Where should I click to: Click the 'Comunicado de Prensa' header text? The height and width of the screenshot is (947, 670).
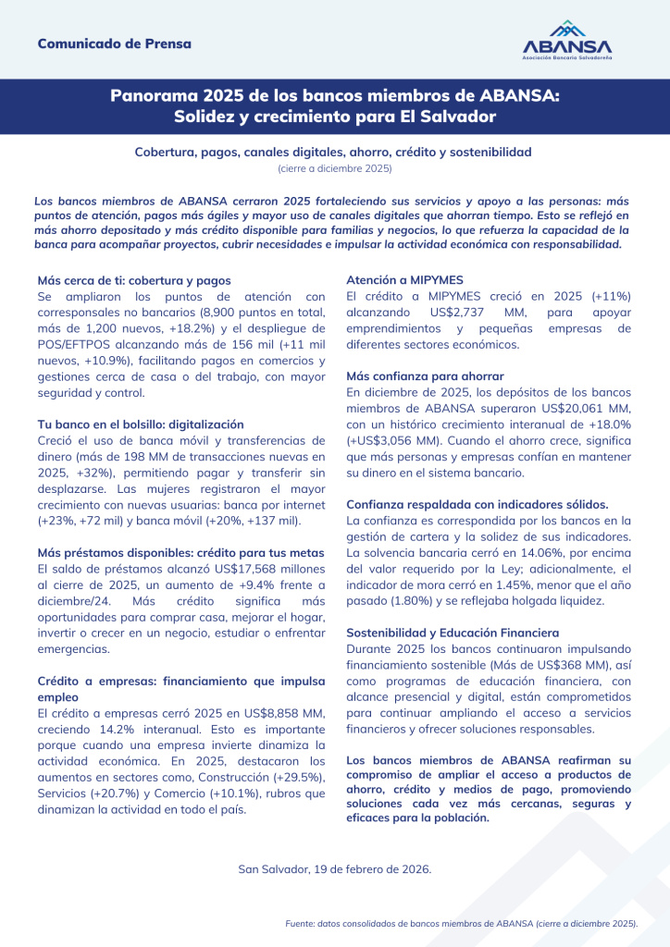tap(115, 43)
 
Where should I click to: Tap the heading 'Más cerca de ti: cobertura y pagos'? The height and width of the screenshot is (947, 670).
tap(134, 280)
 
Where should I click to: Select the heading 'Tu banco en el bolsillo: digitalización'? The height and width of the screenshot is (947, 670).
tap(141, 423)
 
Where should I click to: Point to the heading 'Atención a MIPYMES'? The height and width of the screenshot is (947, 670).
tap(404, 280)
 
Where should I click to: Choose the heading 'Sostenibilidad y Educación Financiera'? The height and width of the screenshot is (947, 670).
tap(453, 633)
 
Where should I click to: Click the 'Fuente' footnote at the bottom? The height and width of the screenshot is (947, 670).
tap(463, 923)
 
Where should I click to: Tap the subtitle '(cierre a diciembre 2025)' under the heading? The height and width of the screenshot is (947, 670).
tap(335, 168)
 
